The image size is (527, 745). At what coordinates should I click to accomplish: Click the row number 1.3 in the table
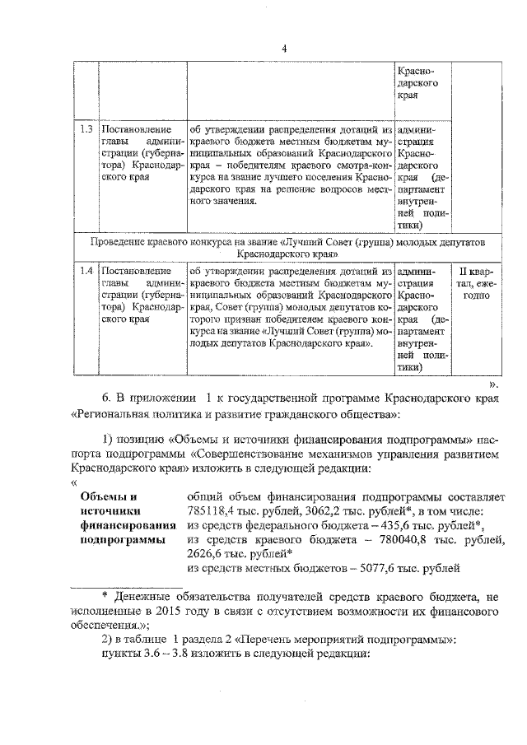pos(86,129)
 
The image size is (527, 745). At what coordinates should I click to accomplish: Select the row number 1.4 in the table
pos(86,269)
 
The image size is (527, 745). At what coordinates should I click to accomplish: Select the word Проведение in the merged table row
pos(124,242)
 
